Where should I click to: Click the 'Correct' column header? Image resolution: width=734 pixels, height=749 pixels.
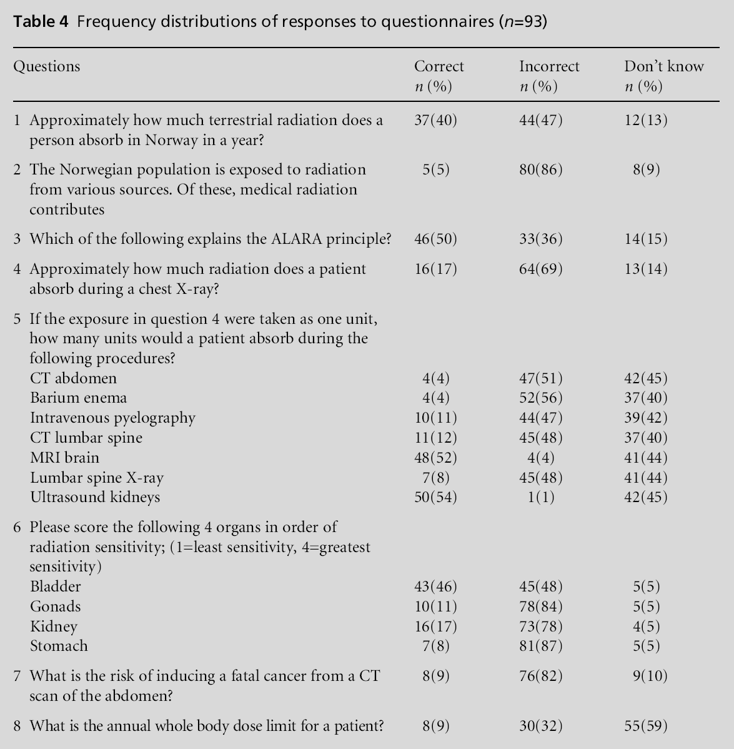pyautogui.click(x=439, y=67)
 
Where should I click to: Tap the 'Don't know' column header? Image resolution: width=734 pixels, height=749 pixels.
pyautogui.click(x=664, y=67)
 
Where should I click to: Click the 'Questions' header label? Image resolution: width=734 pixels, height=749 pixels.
pyautogui.click(x=47, y=67)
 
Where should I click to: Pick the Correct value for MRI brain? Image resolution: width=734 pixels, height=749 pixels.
pyautogui.click(x=435, y=458)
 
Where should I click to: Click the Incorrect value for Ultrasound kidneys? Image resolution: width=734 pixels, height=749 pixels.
pyautogui.click(x=541, y=498)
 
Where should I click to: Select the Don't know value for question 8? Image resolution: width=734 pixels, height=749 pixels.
pyautogui.click(x=646, y=726)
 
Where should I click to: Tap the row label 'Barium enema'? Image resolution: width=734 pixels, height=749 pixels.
pyautogui.click(x=78, y=398)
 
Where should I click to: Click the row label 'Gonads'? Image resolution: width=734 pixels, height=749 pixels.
pyautogui.click(x=56, y=606)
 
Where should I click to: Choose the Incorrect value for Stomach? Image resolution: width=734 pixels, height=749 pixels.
pyautogui.click(x=541, y=646)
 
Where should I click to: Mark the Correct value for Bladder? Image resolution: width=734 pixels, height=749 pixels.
pyautogui.click(x=435, y=587)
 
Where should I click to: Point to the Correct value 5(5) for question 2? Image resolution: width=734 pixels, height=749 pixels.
pyautogui.click(x=435, y=170)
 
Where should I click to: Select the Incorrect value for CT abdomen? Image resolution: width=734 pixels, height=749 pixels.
pyautogui.click(x=541, y=378)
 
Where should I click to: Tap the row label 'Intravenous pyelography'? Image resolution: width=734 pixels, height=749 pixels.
pyautogui.click(x=112, y=418)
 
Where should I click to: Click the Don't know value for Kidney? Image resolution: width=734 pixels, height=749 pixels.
pyautogui.click(x=646, y=626)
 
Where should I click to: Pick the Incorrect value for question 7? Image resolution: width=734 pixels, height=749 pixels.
pyautogui.click(x=541, y=676)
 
